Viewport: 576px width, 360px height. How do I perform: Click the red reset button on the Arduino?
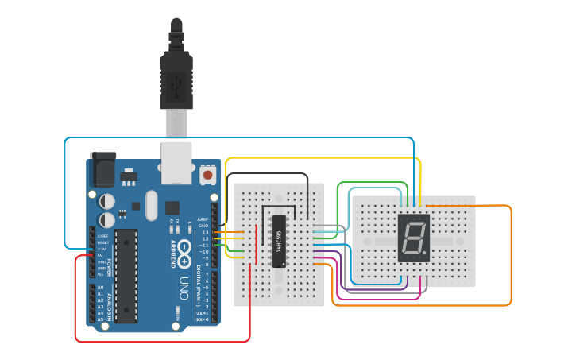coord(207,173)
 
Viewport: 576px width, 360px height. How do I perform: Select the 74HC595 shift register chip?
coord(279,241)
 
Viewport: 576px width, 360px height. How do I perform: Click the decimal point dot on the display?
coord(426,254)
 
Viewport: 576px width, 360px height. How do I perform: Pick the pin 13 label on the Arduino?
coord(205,233)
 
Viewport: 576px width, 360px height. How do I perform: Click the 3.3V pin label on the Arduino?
coord(101,249)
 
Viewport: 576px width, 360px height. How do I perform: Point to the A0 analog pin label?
coord(101,287)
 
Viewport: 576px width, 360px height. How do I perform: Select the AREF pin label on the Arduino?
coord(203,219)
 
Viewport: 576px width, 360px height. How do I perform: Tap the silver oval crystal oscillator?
coord(152,205)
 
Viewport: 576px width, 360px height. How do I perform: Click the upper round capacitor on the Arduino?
coord(106,201)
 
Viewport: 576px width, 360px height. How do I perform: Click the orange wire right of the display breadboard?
coord(510,254)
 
